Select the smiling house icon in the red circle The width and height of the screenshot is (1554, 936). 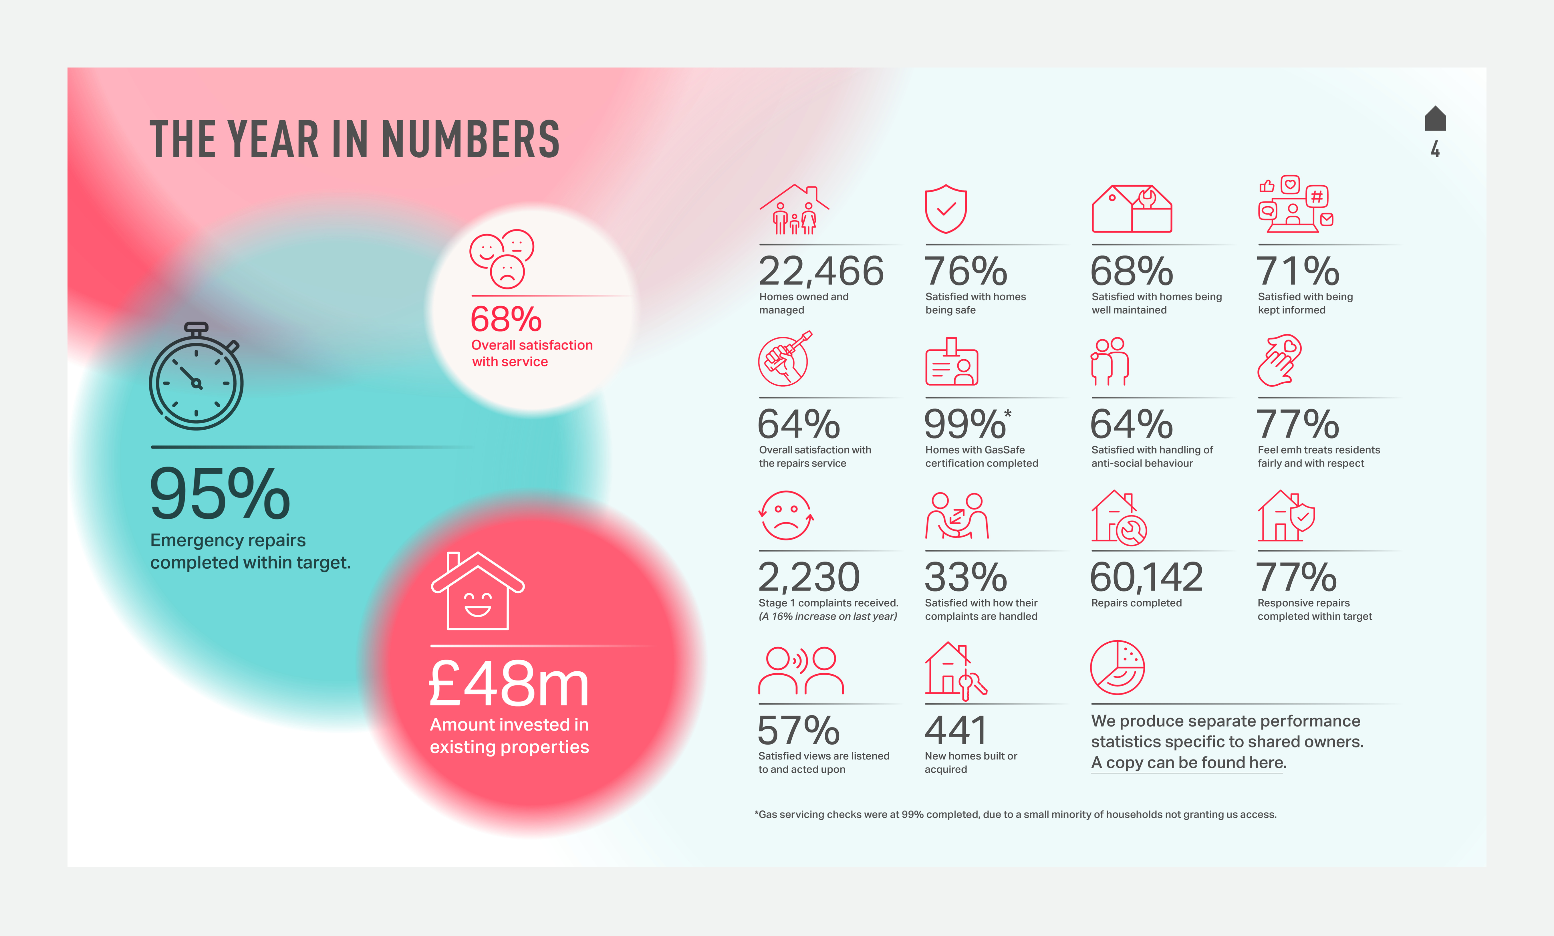coord(477,592)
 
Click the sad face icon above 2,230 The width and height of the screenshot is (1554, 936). coord(786,515)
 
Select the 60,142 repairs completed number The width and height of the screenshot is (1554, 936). coord(1146,577)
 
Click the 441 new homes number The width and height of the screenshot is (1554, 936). coord(956,730)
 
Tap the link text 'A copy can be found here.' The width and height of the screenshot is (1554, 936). coord(1188,763)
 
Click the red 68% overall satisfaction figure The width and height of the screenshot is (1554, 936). coord(506,319)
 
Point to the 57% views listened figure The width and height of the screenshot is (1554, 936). coord(798,730)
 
